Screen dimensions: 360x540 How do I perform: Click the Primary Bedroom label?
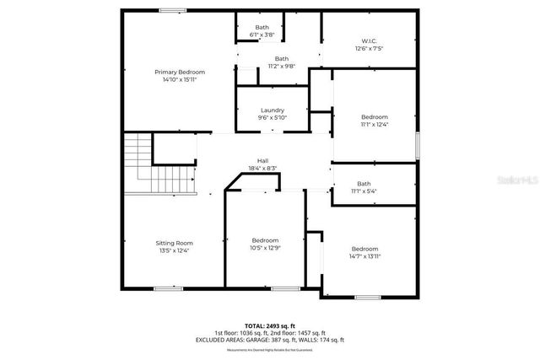(180, 73)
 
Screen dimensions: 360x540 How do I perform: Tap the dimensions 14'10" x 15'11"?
(180, 81)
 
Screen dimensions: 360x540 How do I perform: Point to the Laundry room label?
(272, 110)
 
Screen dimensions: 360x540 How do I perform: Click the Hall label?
(263, 160)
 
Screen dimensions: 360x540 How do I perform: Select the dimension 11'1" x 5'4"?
(364, 191)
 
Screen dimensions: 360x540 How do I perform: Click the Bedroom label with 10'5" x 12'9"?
(265, 240)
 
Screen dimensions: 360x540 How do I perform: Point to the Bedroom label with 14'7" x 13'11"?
(364, 249)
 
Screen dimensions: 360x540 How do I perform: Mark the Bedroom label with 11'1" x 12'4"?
(375, 116)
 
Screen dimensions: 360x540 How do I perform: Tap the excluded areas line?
(271, 340)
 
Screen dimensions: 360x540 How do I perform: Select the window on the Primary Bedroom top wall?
(173, 10)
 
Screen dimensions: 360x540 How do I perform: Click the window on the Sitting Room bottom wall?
(167, 289)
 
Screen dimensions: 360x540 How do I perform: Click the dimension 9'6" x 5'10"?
(272, 118)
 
